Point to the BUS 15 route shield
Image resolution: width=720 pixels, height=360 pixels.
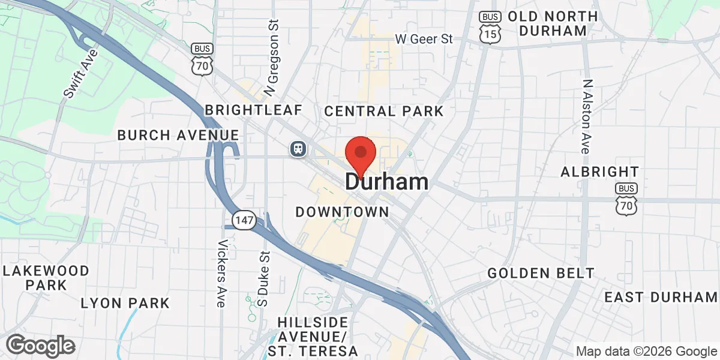click(x=490, y=28)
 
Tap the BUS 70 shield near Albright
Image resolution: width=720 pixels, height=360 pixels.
click(x=626, y=200)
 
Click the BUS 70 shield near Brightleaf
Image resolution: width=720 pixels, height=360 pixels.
click(x=202, y=59)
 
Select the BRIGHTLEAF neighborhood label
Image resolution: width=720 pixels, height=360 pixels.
click(x=253, y=110)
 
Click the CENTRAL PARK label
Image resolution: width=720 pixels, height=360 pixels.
click(x=384, y=111)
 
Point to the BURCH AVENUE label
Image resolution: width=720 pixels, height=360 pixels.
click(x=178, y=135)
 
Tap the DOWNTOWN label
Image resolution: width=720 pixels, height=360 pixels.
click(x=343, y=212)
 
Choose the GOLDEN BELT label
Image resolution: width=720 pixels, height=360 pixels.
click(x=541, y=273)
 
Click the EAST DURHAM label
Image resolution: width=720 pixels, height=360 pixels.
click(x=661, y=297)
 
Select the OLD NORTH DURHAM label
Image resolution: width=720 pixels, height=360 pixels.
click(x=553, y=23)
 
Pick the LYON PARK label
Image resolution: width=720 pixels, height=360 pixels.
click(x=125, y=302)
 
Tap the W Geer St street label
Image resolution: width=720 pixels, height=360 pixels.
click(x=424, y=39)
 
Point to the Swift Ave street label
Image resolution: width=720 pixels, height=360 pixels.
click(x=80, y=74)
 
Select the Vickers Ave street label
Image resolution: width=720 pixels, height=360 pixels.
click(x=222, y=274)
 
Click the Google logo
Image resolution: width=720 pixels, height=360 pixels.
click(x=40, y=346)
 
